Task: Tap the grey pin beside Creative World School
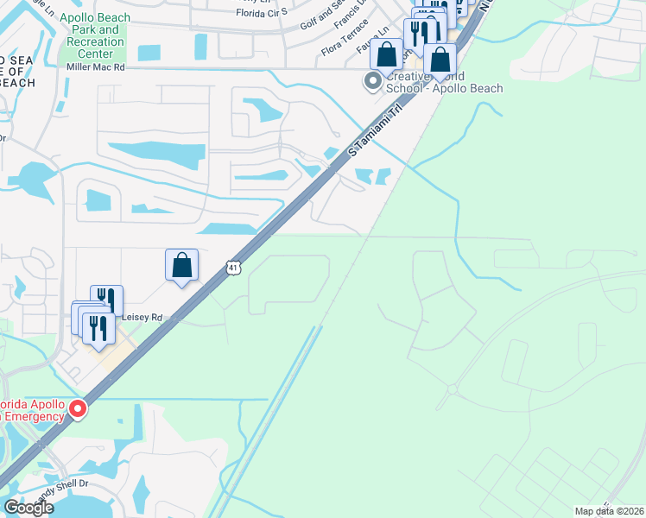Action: [373, 81]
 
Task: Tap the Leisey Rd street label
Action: [142, 318]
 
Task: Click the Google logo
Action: [29, 508]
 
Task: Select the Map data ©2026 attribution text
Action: [609, 510]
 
